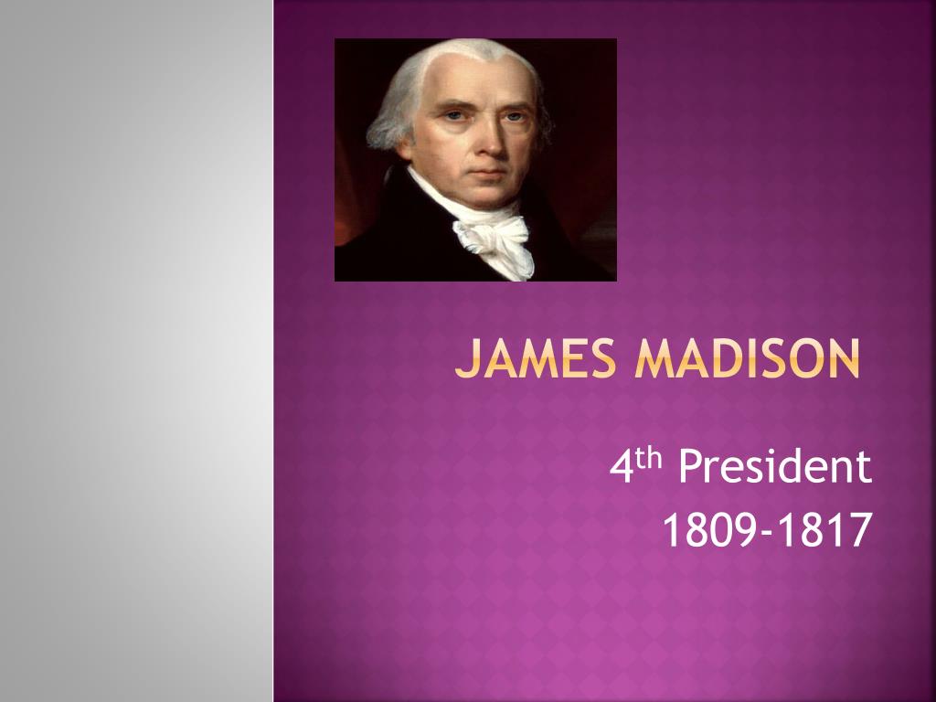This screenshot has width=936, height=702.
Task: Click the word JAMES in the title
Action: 535,358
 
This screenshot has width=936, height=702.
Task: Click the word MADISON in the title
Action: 748,358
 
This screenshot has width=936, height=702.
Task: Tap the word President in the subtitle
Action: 775,466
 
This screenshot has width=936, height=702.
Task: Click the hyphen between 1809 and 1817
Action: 767,533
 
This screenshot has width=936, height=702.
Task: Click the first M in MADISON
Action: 654,358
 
